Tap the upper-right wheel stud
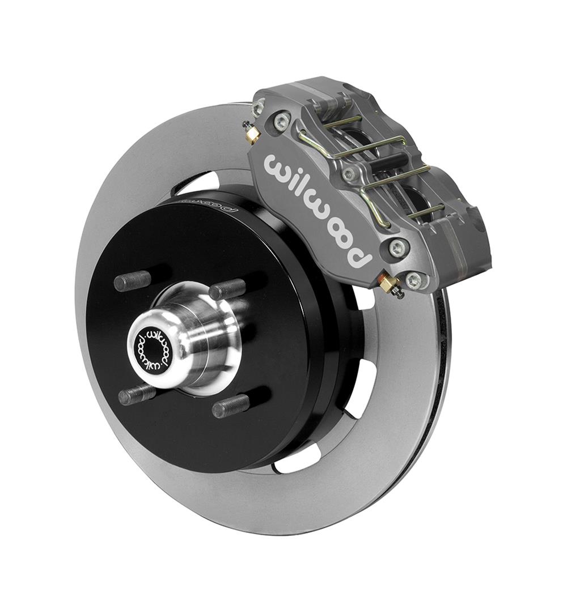tap(227, 290)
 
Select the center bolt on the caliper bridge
tap(348, 174)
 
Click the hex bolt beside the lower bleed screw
tap(413, 279)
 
